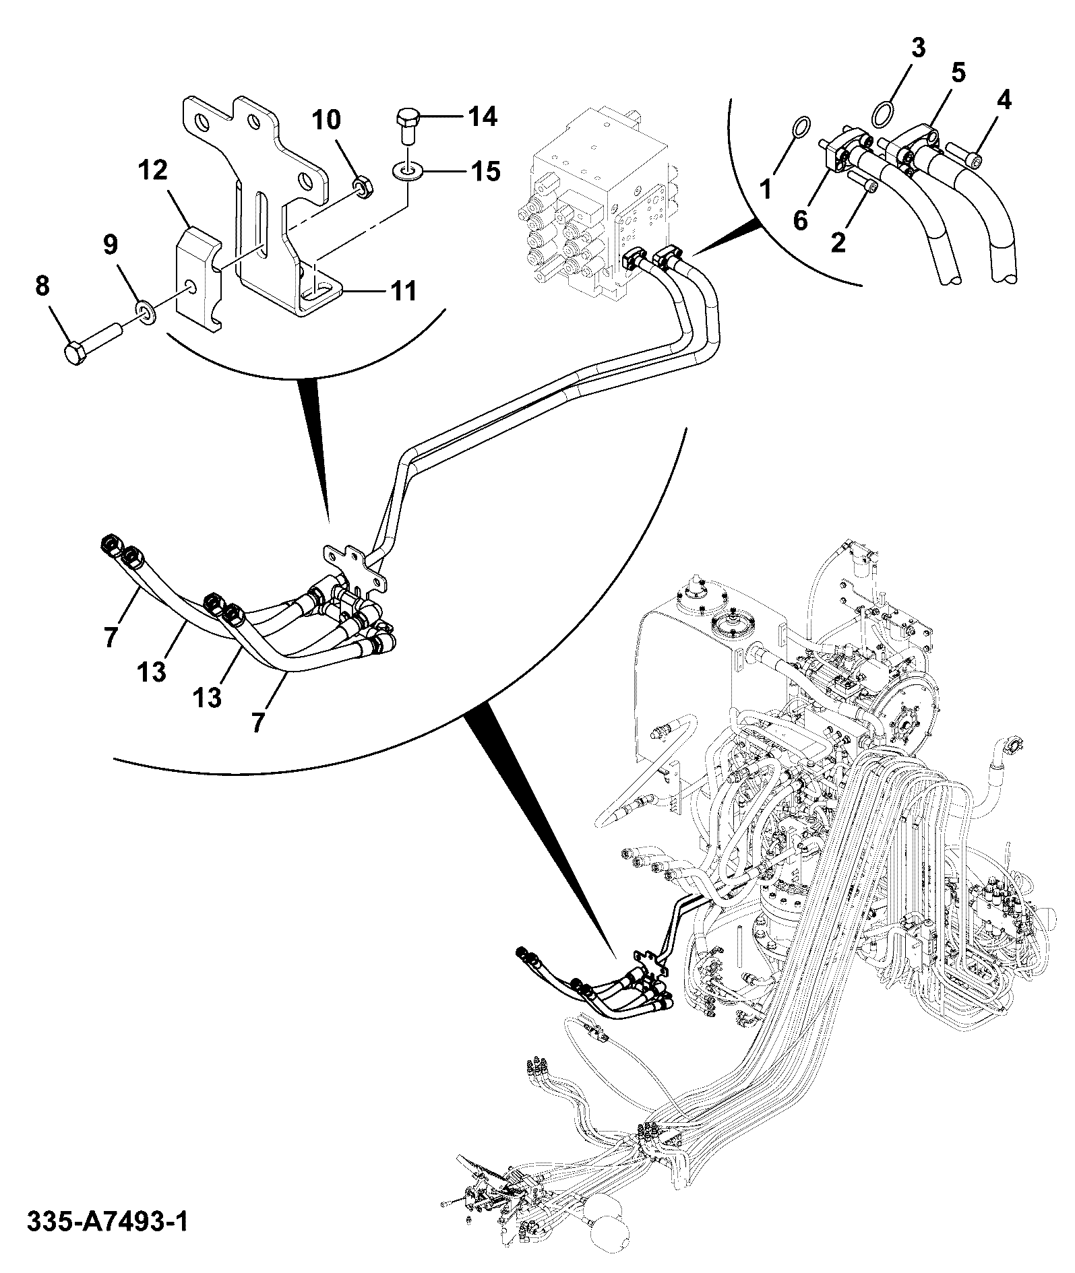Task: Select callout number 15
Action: (483, 172)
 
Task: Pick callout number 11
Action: (402, 292)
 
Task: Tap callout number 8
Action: (42, 287)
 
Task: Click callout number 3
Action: (919, 48)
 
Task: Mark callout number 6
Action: (800, 220)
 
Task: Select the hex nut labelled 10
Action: (365, 187)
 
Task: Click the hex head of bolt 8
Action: (75, 354)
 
